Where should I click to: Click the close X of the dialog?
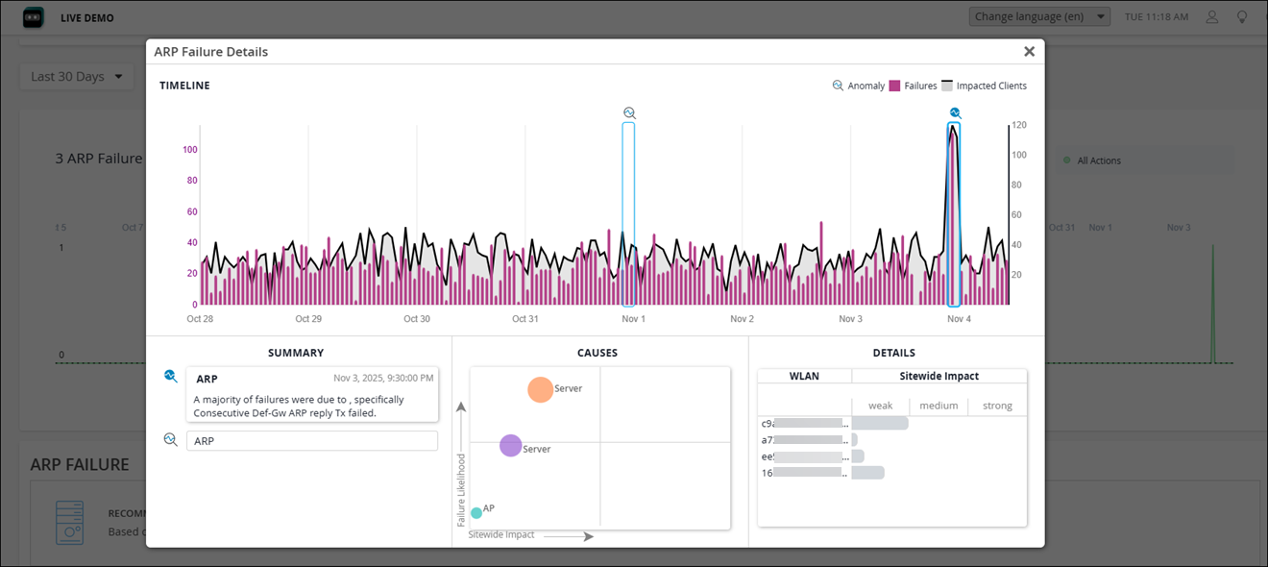coord(1029,52)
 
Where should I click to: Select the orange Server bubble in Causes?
coord(541,389)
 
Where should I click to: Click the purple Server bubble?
coord(511,446)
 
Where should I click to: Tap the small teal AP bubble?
coord(476,513)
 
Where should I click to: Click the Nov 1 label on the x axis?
coord(633,319)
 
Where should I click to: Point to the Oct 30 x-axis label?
coord(417,319)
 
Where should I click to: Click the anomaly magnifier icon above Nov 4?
coord(955,113)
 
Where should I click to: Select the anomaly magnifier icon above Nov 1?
coord(629,113)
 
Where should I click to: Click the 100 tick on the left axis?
coord(189,150)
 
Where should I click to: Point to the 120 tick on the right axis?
coord(1018,126)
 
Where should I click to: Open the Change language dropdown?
coord(1039,17)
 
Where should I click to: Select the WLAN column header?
coord(804,377)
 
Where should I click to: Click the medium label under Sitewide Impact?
coord(939,406)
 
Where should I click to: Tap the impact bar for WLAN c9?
coord(880,424)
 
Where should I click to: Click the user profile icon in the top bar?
coord(1212,17)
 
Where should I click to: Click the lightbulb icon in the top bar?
coord(1241,17)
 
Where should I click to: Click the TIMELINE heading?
coord(184,86)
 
